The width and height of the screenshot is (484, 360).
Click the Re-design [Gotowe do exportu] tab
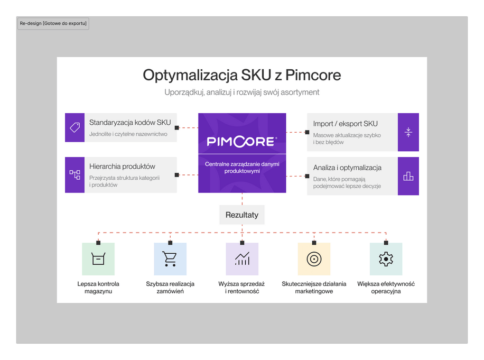pyautogui.click(x=53, y=23)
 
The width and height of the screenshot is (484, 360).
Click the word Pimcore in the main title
pyautogui.click(x=313, y=75)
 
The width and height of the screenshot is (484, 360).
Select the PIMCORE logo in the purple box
pyautogui.click(x=242, y=141)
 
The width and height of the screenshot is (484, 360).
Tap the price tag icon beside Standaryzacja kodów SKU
pyautogui.click(x=75, y=127)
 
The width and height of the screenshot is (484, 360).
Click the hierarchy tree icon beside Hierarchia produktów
pyautogui.click(x=75, y=175)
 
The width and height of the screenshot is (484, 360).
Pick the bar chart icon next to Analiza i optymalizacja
pyautogui.click(x=408, y=176)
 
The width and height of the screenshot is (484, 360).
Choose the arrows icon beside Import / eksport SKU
pyautogui.click(x=408, y=132)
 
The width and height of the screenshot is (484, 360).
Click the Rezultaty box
pyautogui.click(x=242, y=215)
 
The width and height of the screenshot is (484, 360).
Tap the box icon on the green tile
pyautogui.click(x=98, y=259)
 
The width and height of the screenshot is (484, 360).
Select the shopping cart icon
pyautogui.click(x=170, y=259)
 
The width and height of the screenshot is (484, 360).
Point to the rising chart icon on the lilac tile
pyautogui.click(x=242, y=259)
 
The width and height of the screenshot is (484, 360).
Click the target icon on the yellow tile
pyautogui.click(x=314, y=259)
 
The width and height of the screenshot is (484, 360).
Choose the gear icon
pyautogui.click(x=386, y=259)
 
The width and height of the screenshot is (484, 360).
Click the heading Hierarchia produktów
pyautogui.click(x=122, y=167)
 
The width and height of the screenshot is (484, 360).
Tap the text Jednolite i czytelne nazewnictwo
pyautogui.click(x=128, y=134)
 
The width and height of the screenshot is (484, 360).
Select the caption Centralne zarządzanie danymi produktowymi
pyautogui.click(x=242, y=168)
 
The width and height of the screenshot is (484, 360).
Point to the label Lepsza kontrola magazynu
pyautogui.click(x=98, y=288)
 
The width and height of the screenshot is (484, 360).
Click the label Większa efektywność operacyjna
pyautogui.click(x=386, y=288)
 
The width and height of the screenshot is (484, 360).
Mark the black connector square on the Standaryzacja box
pyautogui.click(x=176, y=127)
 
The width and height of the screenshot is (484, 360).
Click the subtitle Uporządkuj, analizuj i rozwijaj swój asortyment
pyautogui.click(x=241, y=93)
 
